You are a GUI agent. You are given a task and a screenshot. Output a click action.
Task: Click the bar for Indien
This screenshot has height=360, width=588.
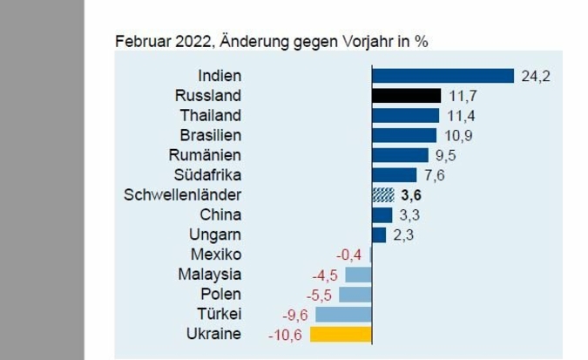443,76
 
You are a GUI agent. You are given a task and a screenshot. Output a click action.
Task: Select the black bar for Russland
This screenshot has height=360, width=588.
406,96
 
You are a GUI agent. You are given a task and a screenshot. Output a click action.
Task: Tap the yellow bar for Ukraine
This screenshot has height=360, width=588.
341,334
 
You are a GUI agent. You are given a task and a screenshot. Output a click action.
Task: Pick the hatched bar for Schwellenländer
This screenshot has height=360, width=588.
382,194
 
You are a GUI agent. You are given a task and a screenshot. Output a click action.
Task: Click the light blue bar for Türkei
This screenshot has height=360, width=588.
343,314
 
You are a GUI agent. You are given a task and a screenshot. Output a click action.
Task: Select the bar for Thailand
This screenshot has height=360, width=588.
405,116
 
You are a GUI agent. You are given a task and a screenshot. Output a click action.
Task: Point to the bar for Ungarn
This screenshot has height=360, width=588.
379,234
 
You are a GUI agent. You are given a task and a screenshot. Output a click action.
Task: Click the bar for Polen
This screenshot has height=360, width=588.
355,295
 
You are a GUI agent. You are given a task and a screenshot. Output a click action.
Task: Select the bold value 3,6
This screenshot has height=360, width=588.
410,194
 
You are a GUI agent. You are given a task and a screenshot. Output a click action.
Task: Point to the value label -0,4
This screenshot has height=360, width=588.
349,255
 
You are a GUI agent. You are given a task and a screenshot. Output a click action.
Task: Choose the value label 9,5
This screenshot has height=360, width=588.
446,155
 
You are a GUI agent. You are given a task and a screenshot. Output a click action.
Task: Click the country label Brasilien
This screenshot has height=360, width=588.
210,135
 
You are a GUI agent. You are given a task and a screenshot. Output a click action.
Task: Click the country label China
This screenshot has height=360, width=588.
221,214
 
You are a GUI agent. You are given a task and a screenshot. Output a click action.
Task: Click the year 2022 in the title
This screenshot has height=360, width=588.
193,41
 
